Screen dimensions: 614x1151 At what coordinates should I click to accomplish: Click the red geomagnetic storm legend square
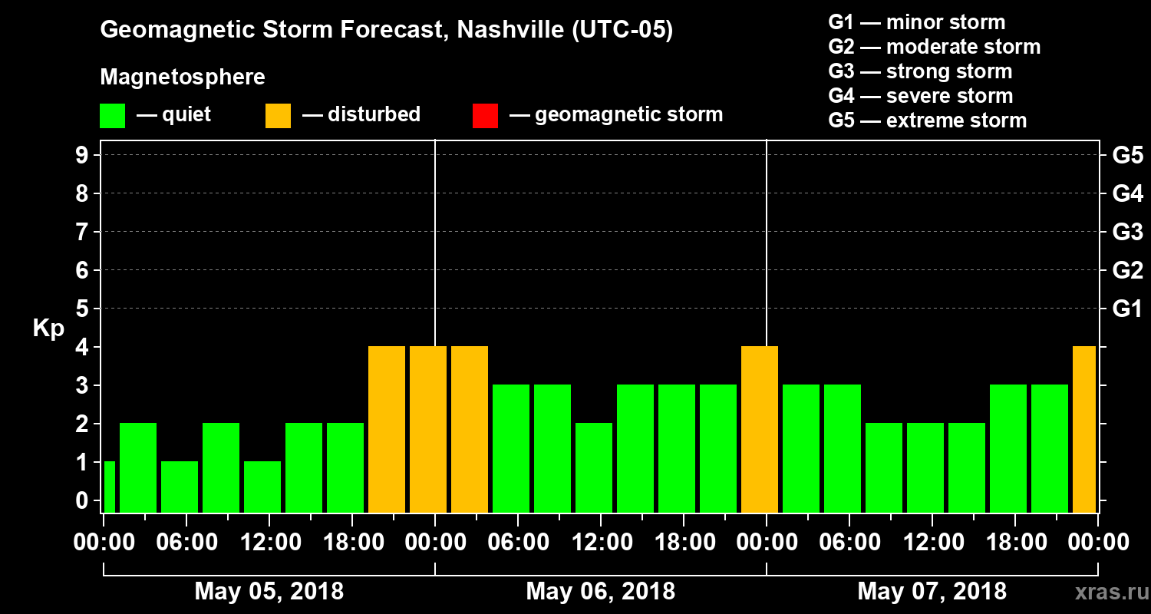pos(485,116)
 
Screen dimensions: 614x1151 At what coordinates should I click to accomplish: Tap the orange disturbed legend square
pos(278,116)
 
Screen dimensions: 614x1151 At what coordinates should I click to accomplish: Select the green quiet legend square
pos(112,116)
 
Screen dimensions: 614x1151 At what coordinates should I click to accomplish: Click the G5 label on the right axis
pos(1127,156)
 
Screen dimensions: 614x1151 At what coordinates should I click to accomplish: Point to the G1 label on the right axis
pos(1127,309)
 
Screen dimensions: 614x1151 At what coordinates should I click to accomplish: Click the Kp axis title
pos(48,328)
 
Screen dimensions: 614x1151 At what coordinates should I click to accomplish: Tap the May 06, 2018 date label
pos(600,592)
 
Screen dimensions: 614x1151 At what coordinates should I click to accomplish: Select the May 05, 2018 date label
pos(269,592)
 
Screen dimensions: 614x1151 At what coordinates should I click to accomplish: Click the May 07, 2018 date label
pos(932,592)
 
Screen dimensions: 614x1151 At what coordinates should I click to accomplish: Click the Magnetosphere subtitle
pos(183,78)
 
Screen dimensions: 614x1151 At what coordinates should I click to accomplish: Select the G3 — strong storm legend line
pos(920,71)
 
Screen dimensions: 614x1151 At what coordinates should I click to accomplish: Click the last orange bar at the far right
pos(1083,430)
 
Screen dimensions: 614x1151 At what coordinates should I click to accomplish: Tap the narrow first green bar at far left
pos(109,487)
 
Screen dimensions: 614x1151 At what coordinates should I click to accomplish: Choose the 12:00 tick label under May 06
pos(600,543)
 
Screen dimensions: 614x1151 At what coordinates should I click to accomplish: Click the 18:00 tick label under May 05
pos(351,543)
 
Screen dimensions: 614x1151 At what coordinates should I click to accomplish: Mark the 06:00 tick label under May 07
pos(849,543)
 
